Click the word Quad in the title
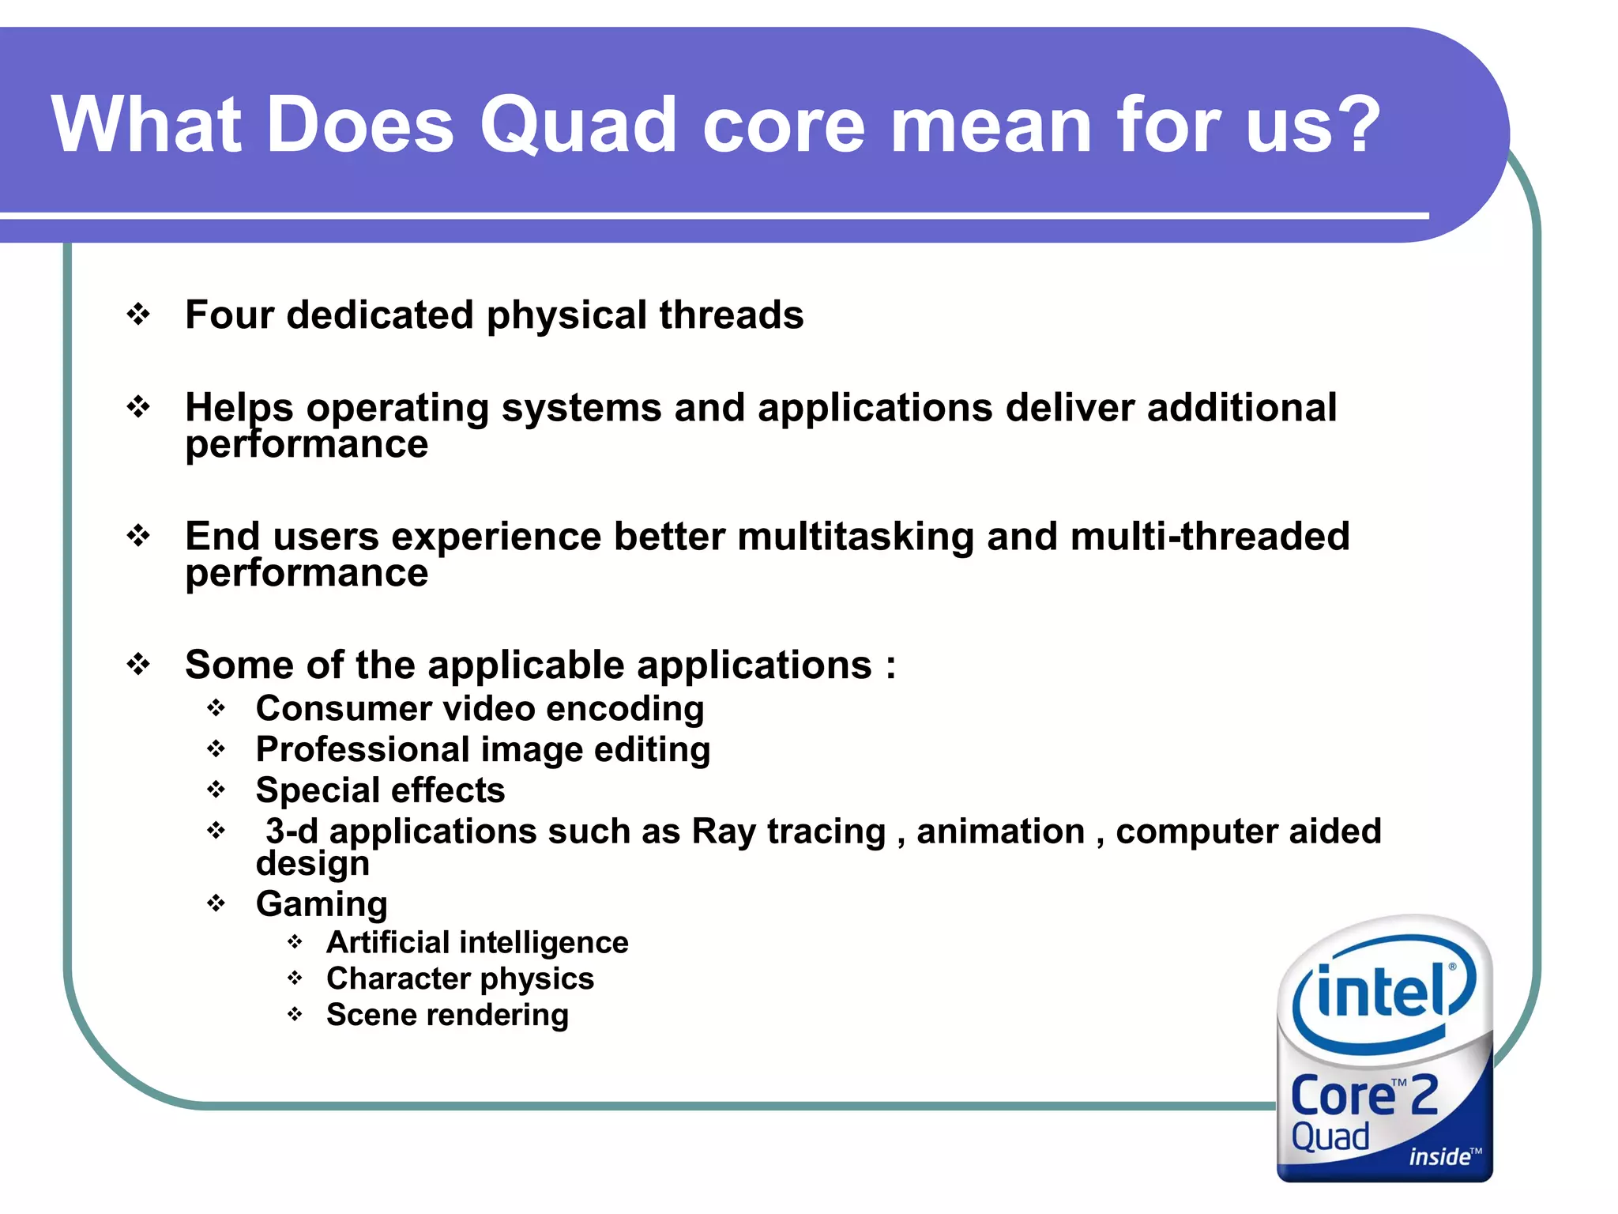pyautogui.click(x=578, y=125)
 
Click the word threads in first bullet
pyautogui.click(x=731, y=315)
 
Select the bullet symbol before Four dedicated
pyautogui.click(x=138, y=315)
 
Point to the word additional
pyautogui.click(x=1241, y=408)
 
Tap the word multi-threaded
pyautogui.click(x=1210, y=537)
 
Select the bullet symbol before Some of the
pyautogui.click(x=138, y=665)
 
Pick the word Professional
pyautogui.click(x=363, y=750)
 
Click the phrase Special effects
pyautogui.click(x=380, y=790)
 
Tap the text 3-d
pyautogui.click(x=292, y=831)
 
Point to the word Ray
pyautogui.click(x=723, y=831)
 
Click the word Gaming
pyautogui.click(x=322, y=904)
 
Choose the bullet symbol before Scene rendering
pyautogui.click(x=295, y=1014)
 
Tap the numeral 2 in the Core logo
pyautogui.click(x=1424, y=1095)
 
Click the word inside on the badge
pyautogui.click(x=1439, y=1157)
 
